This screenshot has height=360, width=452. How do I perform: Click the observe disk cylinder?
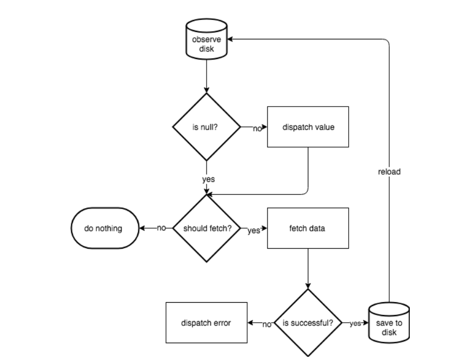pos(207,42)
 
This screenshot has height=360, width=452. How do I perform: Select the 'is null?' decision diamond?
pos(207,128)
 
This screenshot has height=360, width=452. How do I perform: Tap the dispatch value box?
pos(308,128)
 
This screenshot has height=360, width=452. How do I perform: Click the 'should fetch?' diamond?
pos(207,228)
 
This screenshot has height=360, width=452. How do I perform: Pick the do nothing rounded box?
pos(103,228)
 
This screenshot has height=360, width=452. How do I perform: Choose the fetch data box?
pos(308,228)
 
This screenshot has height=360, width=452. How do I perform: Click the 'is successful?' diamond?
pos(308,323)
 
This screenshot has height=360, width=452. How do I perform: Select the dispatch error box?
pos(206,323)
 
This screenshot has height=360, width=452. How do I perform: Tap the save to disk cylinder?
pos(389,323)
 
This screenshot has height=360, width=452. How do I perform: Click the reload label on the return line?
pos(389,172)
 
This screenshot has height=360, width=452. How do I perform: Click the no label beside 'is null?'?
pos(257,129)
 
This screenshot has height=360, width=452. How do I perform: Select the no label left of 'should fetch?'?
pos(161,228)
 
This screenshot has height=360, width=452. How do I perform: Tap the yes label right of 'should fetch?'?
pos(253,230)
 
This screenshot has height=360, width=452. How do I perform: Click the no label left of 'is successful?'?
pos(267,324)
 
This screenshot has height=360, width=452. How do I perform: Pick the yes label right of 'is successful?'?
pos(355,323)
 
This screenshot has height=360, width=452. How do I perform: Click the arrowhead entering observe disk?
pos(229,39)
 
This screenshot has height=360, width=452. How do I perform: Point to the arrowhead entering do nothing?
pos(142,228)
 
